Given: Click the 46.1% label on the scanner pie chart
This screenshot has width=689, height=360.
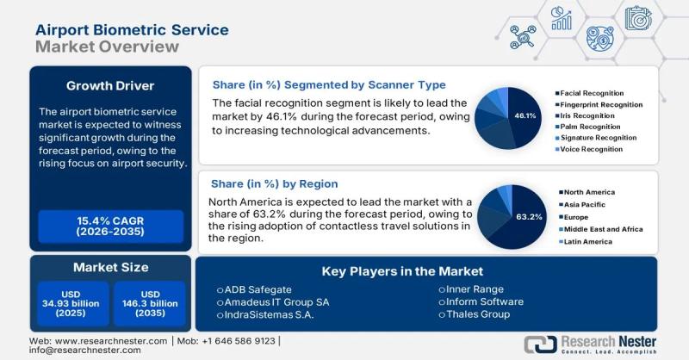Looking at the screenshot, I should click(x=525, y=115).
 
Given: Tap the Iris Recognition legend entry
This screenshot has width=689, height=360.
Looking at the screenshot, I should click(x=587, y=115).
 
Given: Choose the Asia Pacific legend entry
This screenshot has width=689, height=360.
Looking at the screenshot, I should click(x=586, y=206).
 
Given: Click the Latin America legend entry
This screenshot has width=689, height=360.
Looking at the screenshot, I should click(x=588, y=241).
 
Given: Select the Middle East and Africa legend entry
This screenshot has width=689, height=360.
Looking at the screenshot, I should click(x=602, y=229).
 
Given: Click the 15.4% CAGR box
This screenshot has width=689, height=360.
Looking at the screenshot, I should click(x=110, y=227).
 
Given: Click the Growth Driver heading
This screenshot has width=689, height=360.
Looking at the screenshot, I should click(x=110, y=85).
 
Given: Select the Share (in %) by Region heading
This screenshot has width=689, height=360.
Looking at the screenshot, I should click(x=275, y=183).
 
